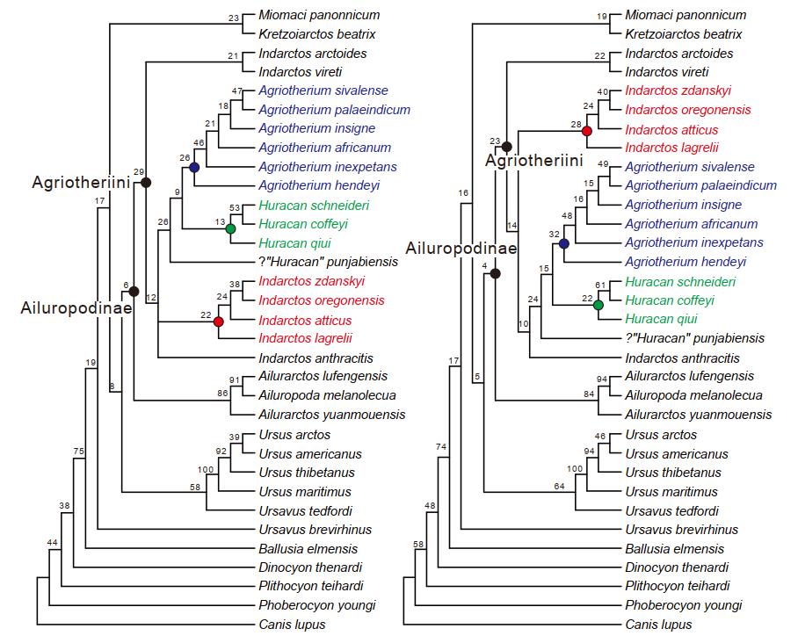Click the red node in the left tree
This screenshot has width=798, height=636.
coord(219,322)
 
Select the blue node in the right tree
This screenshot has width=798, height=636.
coord(564,243)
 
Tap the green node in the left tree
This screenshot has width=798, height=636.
coord(230,228)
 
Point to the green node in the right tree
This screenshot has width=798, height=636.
coord(598,305)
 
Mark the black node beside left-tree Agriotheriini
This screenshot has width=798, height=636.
coord(147,182)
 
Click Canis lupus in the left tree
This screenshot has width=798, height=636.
coord(292,625)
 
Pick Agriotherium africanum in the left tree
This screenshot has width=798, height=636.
coord(324,148)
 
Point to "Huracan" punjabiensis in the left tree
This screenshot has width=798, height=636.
coord(323,262)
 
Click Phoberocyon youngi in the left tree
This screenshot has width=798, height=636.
coord(316,605)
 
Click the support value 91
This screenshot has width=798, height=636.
coord(235,380)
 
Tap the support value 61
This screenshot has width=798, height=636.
coord(601,285)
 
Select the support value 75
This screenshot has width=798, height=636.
coord(78,452)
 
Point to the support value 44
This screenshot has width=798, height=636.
coord(53,543)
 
